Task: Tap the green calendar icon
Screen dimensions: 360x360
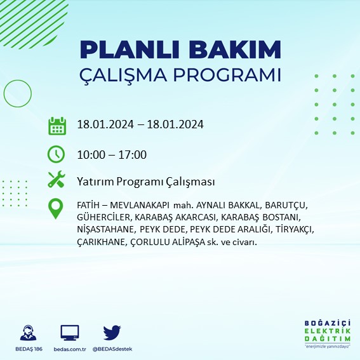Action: (57, 125)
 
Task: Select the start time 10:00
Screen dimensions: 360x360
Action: (90, 154)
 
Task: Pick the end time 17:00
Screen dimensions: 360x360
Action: (133, 154)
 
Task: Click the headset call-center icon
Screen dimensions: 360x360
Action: (27, 333)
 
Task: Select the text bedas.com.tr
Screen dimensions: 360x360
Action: (70, 349)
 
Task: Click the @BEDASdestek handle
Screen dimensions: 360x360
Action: (113, 349)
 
